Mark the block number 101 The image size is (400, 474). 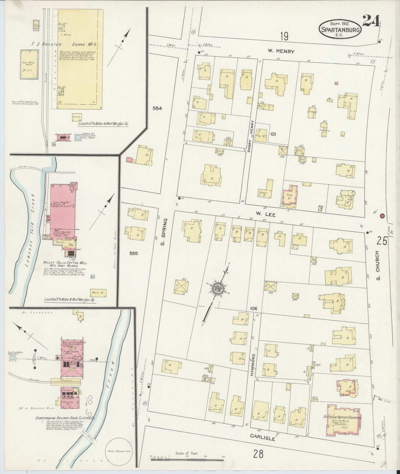(x=273, y=134)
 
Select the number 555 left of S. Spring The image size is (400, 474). (x=133, y=253)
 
